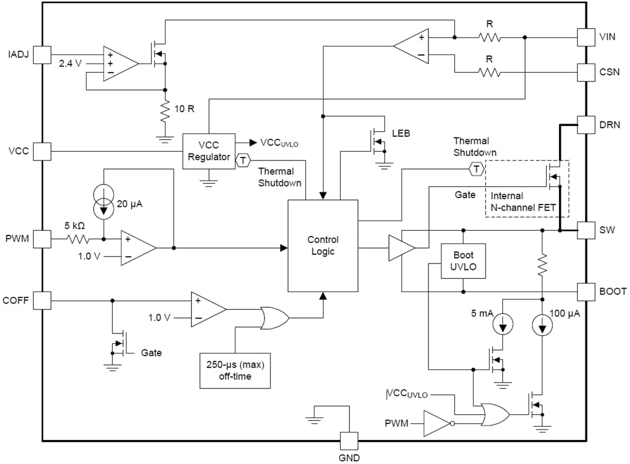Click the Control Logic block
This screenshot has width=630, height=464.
tap(322, 246)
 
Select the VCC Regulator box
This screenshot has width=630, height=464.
tap(208, 151)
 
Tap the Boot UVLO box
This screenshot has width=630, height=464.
tap(463, 261)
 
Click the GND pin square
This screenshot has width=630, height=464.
tap(349, 441)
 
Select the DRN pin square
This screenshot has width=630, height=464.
tap(585, 125)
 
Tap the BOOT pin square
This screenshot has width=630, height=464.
tap(585, 291)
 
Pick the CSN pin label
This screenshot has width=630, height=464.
tap(609, 73)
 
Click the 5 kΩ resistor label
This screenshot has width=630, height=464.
tap(74, 226)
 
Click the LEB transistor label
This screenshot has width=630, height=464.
tap(401, 133)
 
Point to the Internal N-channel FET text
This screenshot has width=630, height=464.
tap(523, 202)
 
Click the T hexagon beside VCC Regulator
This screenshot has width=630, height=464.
tap(243, 160)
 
